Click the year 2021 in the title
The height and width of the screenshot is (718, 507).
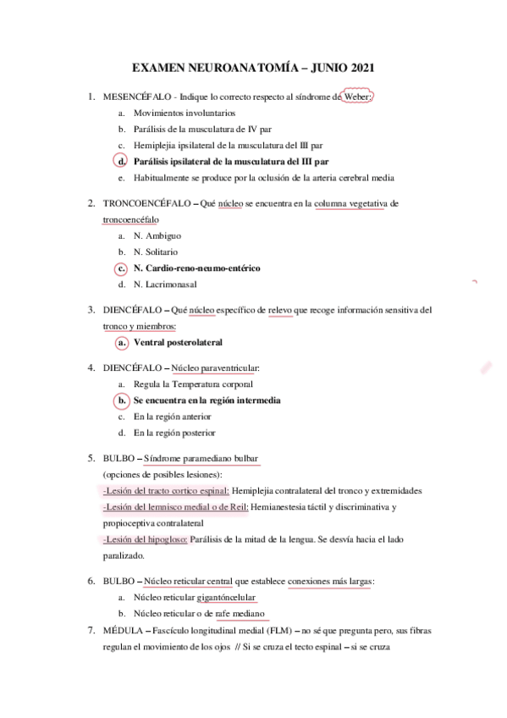[358, 67]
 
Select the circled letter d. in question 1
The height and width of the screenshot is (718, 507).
[122, 161]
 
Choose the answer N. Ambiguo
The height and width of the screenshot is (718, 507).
[157, 235]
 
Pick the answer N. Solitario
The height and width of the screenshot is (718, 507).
[156, 251]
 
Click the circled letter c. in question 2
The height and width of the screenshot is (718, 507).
[122, 268]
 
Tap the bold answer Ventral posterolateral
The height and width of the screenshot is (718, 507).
[178, 343]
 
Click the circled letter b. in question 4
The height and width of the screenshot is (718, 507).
[122, 400]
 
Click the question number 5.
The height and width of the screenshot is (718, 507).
[91, 459]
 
